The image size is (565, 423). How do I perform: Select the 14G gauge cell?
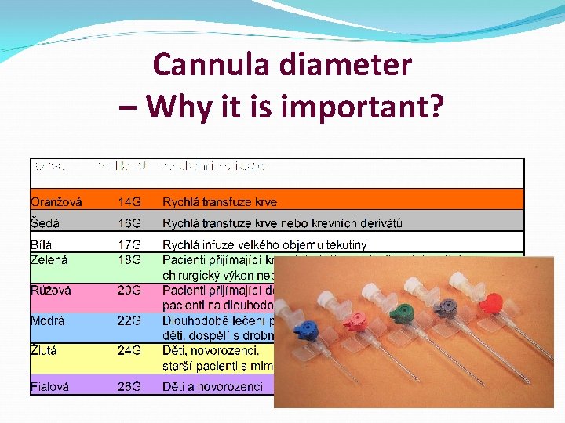click(130, 202)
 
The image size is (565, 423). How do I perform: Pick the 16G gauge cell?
click(130, 224)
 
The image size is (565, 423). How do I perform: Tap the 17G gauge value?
click(130, 245)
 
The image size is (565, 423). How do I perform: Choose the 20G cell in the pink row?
click(130, 290)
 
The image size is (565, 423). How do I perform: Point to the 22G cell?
click(130, 320)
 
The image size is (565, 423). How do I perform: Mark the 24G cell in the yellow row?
click(130, 351)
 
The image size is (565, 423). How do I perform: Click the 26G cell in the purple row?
click(130, 386)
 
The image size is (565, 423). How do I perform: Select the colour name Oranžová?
click(56, 202)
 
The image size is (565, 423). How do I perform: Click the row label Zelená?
click(50, 259)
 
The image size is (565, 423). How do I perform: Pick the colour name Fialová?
click(51, 386)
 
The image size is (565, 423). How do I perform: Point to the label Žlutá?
click(46, 351)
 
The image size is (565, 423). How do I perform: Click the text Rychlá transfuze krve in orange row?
click(220, 202)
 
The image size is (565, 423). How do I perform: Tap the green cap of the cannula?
click(404, 313)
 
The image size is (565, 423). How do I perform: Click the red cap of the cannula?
click(492, 302)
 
